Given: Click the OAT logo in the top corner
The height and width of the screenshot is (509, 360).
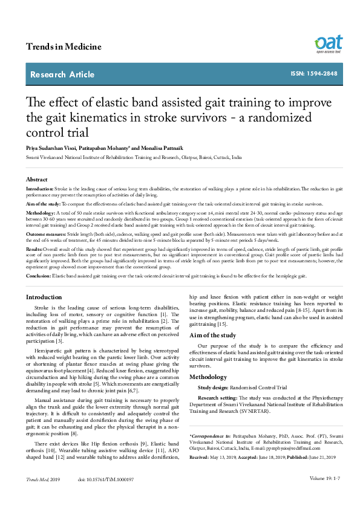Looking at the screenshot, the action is (328, 44).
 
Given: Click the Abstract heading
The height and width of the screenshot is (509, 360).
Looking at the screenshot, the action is (37, 180).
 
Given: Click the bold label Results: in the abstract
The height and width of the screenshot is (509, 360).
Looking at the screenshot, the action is (34, 248).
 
